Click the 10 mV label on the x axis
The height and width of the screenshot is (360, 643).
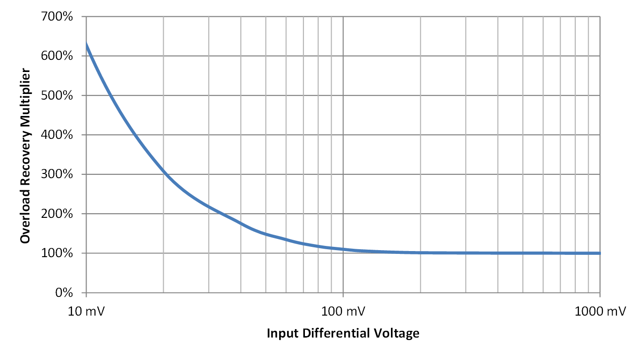point(86,311)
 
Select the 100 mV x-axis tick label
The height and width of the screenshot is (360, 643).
point(343,311)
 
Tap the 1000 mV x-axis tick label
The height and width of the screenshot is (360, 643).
point(600,311)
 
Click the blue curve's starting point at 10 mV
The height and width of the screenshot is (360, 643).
point(87,44)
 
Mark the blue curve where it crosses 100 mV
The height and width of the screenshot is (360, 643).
point(343,249)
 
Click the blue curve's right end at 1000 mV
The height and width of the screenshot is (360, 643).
point(600,253)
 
